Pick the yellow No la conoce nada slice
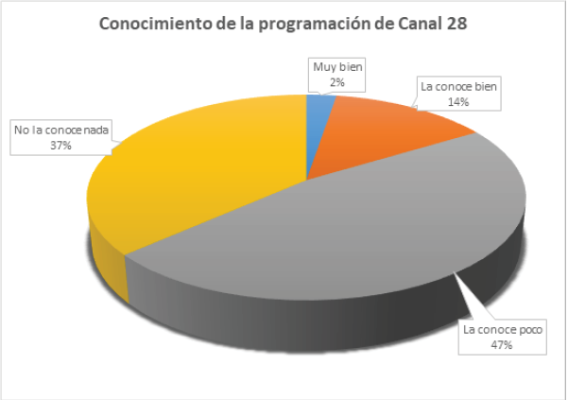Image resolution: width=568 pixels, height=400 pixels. click(189, 189)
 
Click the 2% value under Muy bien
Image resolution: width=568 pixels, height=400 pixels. click(337, 82)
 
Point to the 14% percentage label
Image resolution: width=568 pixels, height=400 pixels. click(459, 102)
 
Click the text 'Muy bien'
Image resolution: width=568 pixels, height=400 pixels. click(337, 67)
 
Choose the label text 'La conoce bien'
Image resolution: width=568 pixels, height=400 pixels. click(459, 86)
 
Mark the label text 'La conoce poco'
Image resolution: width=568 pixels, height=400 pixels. click(501, 329)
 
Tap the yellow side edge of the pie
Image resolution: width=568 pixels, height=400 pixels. click(106, 260)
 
